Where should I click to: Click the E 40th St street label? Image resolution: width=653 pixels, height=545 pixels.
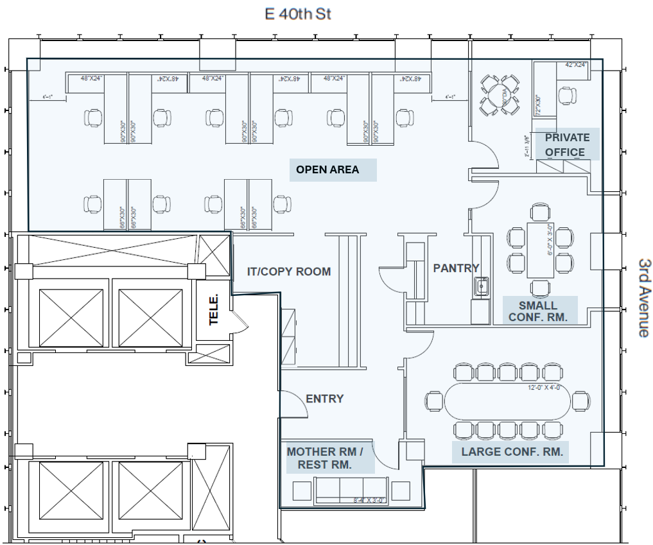[x=299, y=13]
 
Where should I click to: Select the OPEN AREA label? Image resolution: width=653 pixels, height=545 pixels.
[x=327, y=170]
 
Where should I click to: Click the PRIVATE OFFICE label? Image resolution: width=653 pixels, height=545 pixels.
[x=567, y=145]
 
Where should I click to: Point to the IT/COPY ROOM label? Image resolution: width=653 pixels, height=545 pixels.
[x=289, y=272]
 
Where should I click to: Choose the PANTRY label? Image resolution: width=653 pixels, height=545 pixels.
[x=456, y=268]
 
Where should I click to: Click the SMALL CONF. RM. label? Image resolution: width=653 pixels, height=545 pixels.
[x=538, y=311]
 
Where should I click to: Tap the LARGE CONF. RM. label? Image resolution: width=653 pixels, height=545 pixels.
[x=512, y=452]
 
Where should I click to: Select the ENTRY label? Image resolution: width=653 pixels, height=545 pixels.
[x=324, y=399]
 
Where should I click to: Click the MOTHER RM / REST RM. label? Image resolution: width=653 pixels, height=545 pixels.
[x=325, y=458]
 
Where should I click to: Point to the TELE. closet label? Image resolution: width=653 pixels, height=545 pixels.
[x=214, y=309]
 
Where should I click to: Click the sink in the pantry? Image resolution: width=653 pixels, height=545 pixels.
[x=481, y=286]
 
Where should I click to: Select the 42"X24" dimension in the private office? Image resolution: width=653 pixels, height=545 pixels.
[x=576, y=65]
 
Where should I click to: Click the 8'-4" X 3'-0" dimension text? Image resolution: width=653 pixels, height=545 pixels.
[x=369, y=501]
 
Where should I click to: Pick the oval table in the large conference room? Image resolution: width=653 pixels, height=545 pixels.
[x=507, y=401]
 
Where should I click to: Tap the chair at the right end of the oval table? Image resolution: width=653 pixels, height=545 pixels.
[x=582, y=401]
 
